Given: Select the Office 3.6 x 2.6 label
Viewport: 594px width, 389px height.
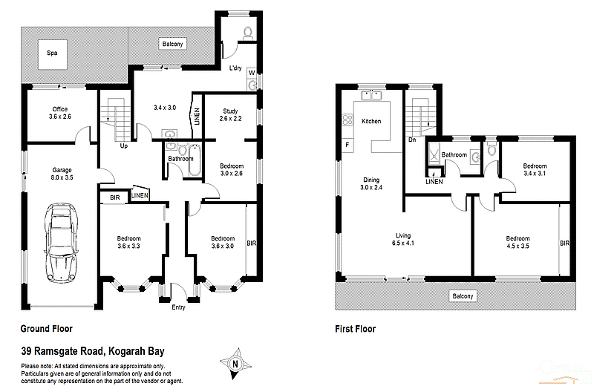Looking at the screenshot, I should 59,114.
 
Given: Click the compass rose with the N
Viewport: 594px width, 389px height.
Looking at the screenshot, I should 235,364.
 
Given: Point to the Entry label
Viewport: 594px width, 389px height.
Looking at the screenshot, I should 179,307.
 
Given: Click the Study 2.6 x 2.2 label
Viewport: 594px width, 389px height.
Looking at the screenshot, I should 229,115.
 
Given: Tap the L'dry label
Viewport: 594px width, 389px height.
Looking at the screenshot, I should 235,68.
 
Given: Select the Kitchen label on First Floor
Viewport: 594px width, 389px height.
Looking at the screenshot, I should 371,121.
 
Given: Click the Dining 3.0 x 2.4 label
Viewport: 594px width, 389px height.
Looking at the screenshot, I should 371,183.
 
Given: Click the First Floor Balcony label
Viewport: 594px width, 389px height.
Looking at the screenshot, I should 462,296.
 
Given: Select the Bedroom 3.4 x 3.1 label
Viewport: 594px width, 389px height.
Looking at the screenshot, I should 534,170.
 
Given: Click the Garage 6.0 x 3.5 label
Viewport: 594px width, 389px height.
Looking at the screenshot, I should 62,174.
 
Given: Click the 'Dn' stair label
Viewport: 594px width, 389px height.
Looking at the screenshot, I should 412,140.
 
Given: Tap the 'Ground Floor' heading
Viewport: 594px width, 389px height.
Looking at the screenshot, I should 46,328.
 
